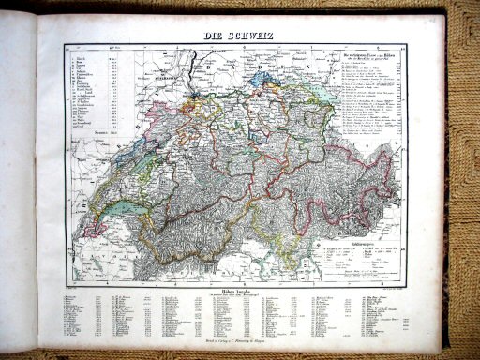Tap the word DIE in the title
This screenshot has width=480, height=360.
(214, 36)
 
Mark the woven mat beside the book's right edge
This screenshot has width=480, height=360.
(465, 234)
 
